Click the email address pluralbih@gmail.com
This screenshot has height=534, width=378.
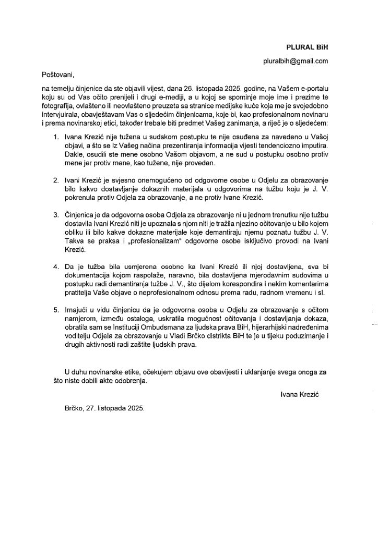coord(296,61)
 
